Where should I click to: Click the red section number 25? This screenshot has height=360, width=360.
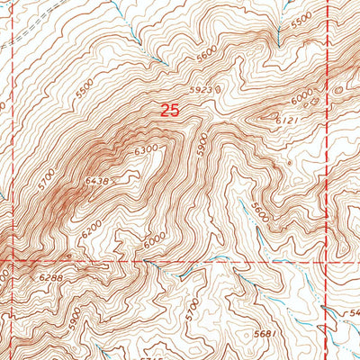coord(169,110)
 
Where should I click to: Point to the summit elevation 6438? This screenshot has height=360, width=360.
coord(96,182)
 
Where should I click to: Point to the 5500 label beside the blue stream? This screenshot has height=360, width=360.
coord(301,19)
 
